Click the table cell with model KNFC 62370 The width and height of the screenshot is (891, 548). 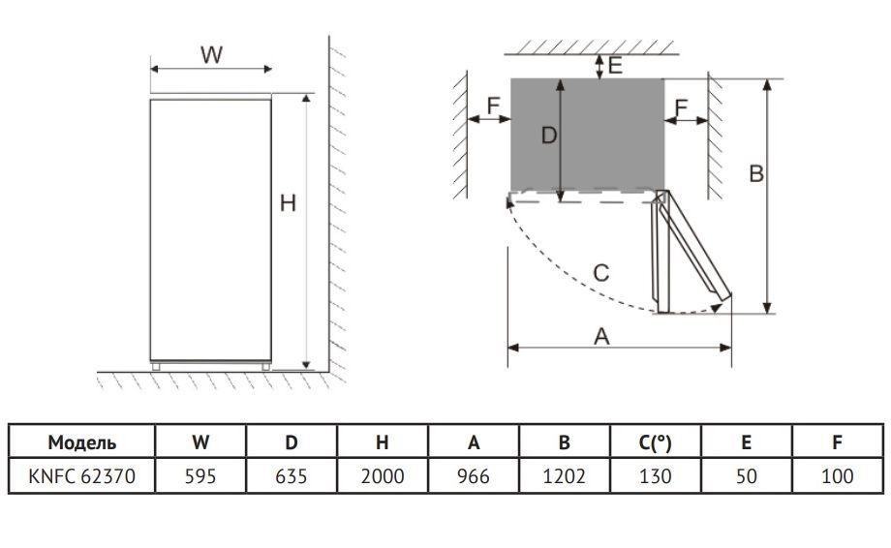pos(81,476)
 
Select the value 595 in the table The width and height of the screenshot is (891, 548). pos(200,476)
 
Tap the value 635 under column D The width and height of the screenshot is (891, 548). pos(292,476)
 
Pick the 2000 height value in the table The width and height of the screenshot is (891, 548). pos(383,476)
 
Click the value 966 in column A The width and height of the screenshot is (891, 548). pos(474,476)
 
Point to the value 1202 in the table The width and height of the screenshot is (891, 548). pos(565,476)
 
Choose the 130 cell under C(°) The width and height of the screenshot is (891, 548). pos(656,476)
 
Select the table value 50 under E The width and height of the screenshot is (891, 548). pos(746,476)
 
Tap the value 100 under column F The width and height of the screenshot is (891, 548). pos(838,476)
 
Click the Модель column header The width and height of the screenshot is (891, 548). pos(81,442)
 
